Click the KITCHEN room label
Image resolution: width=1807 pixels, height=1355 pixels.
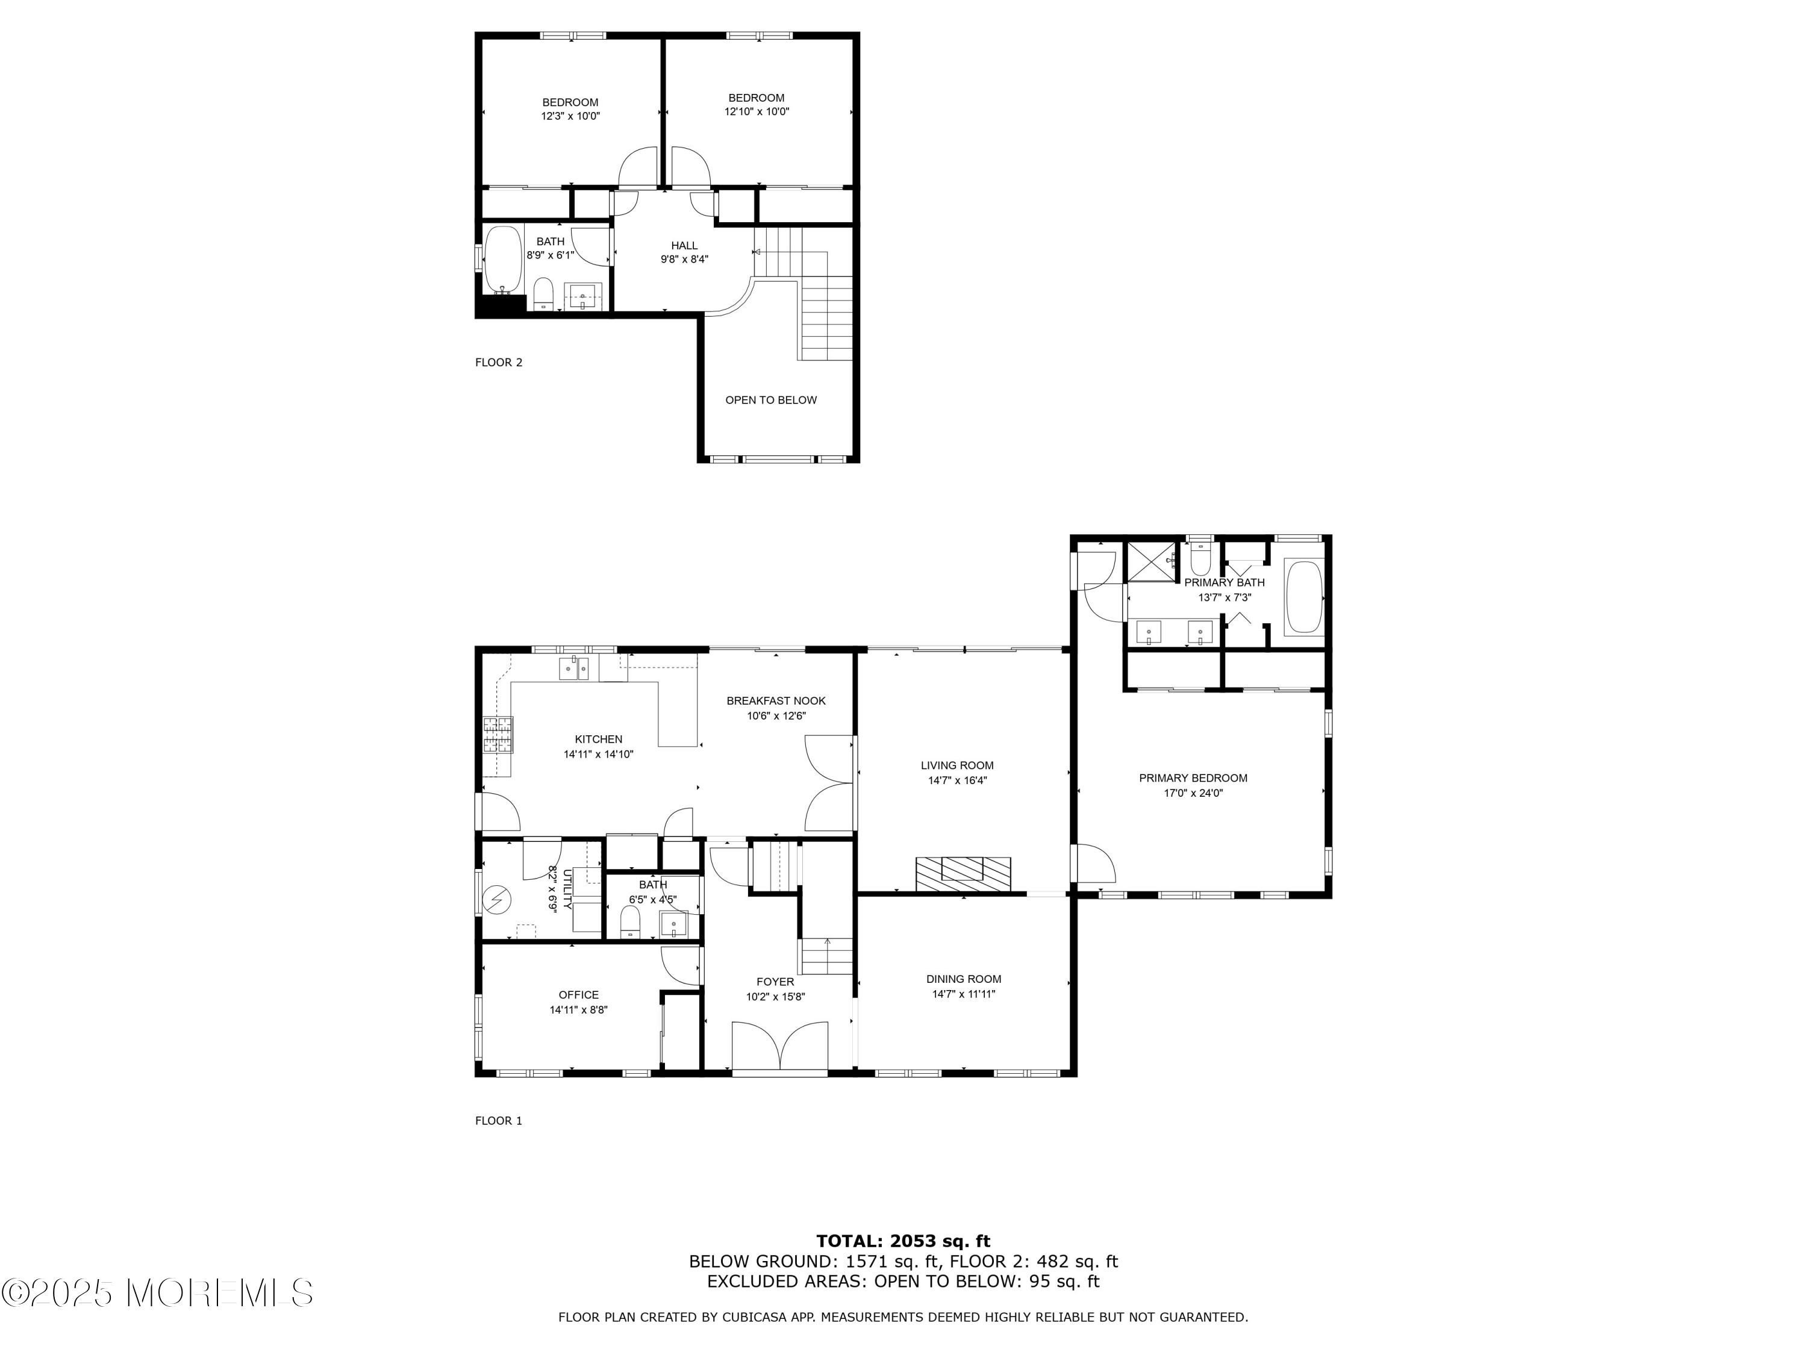tap(598, 739)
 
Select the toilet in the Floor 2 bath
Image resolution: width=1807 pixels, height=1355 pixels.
tap(544, 294)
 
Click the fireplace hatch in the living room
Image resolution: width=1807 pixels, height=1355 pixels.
tap(963, 874)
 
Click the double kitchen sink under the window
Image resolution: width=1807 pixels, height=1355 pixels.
tap(573, 668)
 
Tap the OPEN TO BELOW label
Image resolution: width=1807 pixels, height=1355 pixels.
tap(770, 400)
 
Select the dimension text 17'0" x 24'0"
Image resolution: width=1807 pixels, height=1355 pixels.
tap(1193, 793)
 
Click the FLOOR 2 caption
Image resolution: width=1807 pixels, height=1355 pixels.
tap(498, 363)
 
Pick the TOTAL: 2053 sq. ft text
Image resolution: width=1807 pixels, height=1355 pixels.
tap(903, 1241)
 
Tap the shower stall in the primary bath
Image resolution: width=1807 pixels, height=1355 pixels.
tap(1151, 561)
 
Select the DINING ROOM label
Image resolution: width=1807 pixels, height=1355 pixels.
tap(963, 979)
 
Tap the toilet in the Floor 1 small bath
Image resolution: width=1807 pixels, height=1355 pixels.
tap(630, 924)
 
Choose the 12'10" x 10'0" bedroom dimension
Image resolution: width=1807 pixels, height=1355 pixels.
tap(757, 112)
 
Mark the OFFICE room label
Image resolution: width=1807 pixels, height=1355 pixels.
tap(578, 995)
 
